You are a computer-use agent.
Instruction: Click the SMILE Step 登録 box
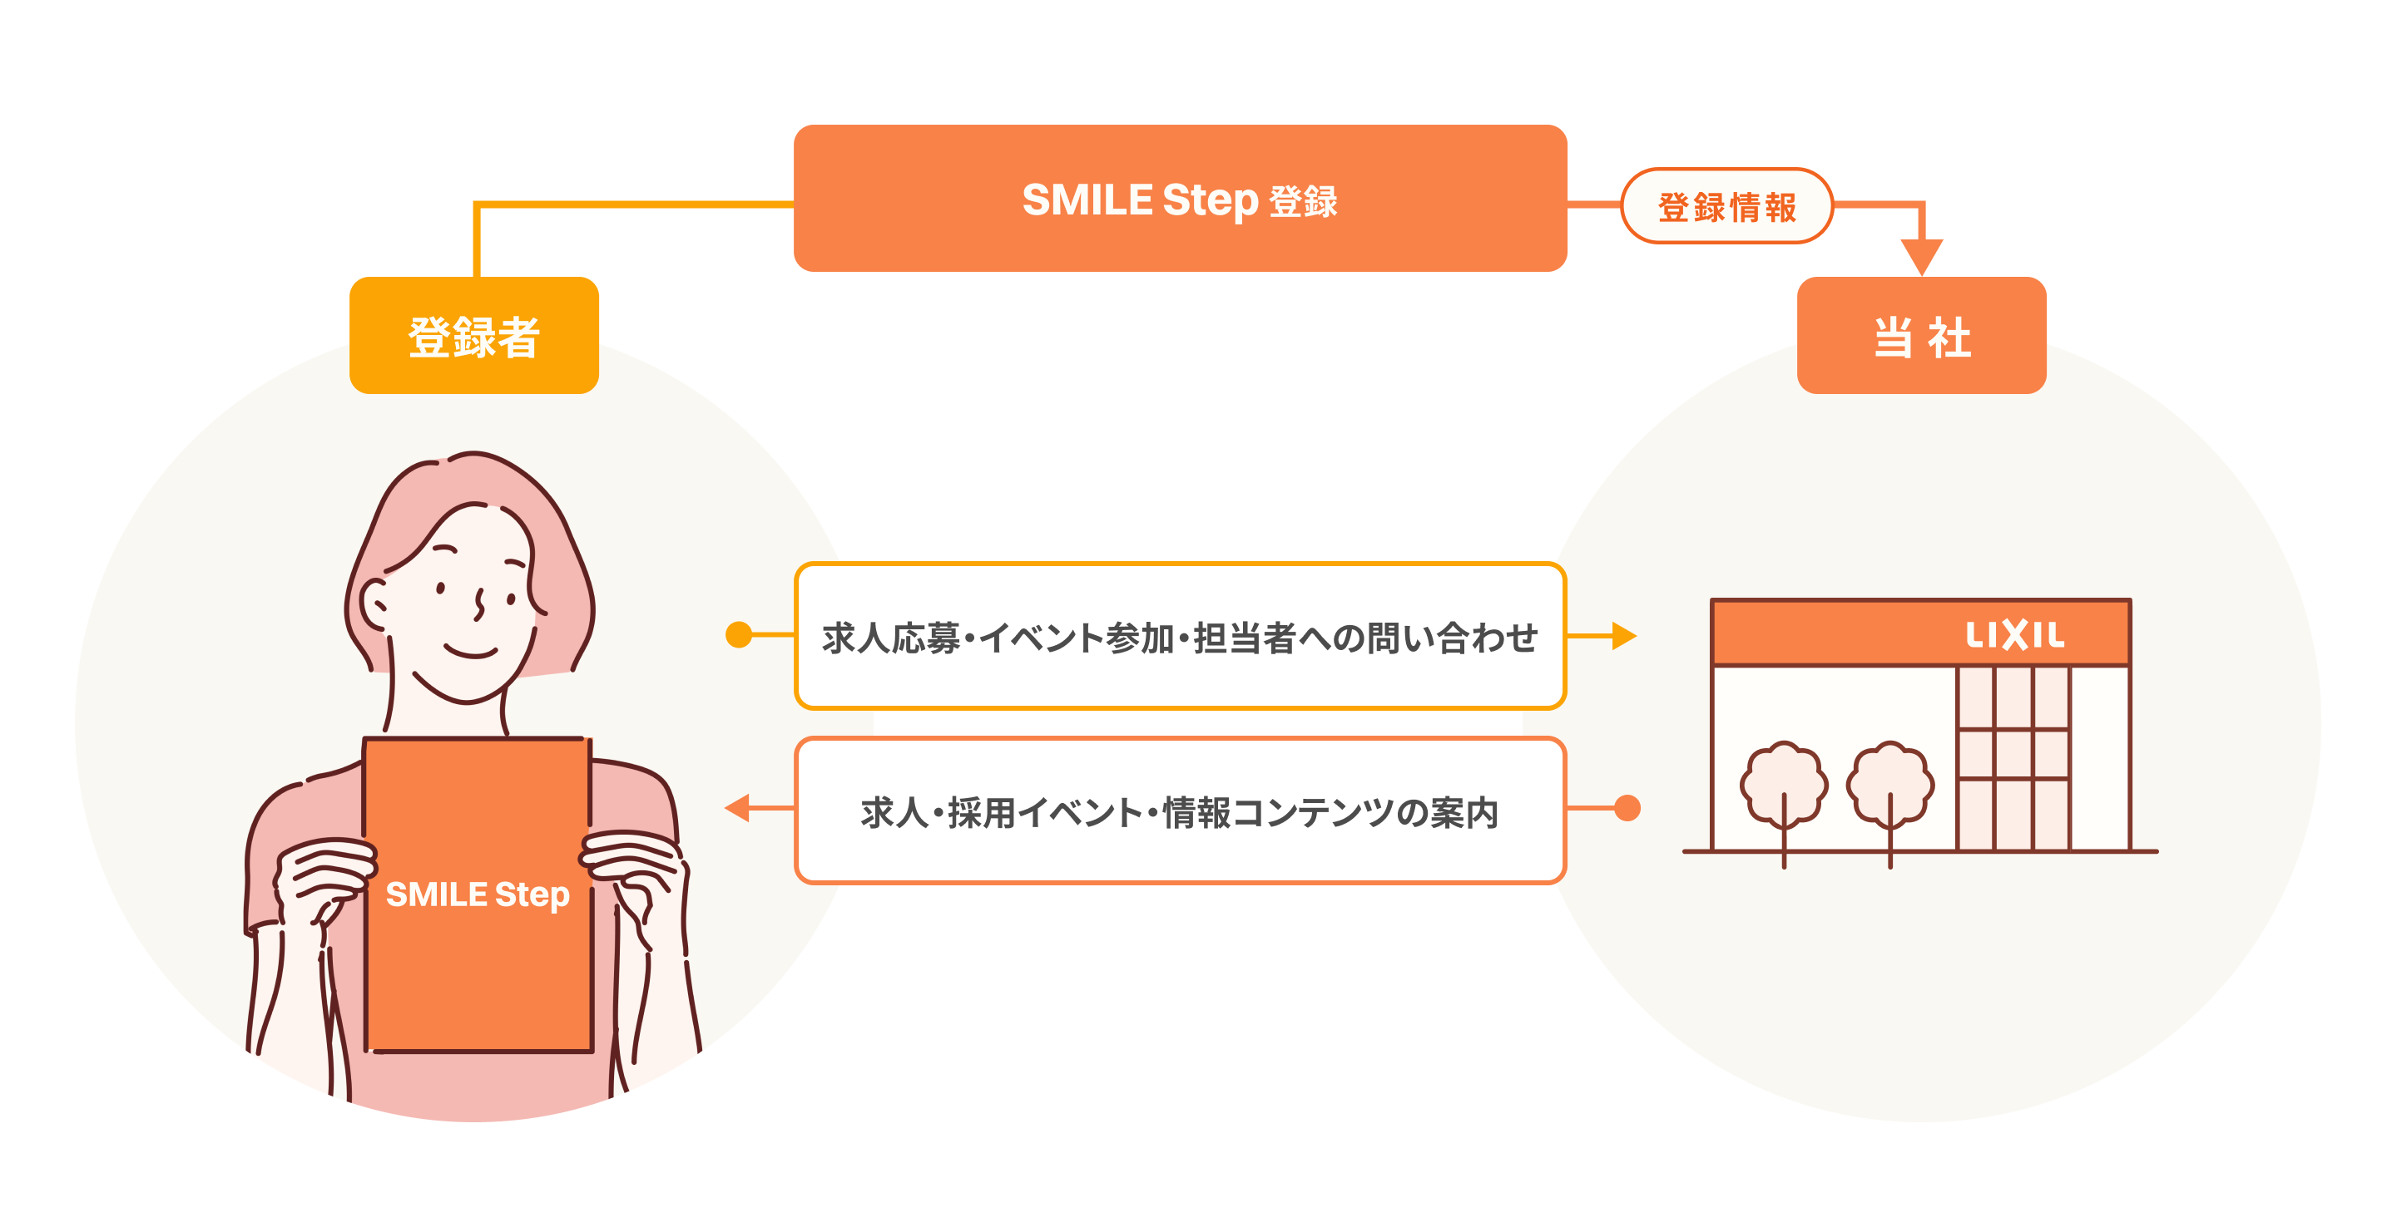point(1180,198)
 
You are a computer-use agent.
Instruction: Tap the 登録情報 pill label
point(1727,205)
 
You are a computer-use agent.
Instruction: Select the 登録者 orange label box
point(473,335)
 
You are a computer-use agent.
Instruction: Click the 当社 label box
point(1921,335)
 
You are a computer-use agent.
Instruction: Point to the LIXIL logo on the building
point(2014,635)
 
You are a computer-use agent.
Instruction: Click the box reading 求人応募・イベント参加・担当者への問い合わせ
point(1180,636)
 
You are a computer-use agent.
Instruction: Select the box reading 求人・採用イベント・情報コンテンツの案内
point(1180,810)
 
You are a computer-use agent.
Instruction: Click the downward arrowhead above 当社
point(1921,257)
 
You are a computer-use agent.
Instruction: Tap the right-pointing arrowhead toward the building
point(1624,636)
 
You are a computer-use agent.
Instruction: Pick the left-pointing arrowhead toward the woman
point(737,808)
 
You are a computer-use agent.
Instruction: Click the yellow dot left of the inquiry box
point(739,635)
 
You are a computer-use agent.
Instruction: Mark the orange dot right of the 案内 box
point(1627,808)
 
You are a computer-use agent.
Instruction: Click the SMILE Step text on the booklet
point(478,894)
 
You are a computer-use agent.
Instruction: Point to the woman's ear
point(375,604)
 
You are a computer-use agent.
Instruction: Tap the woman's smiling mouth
point(471,649)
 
